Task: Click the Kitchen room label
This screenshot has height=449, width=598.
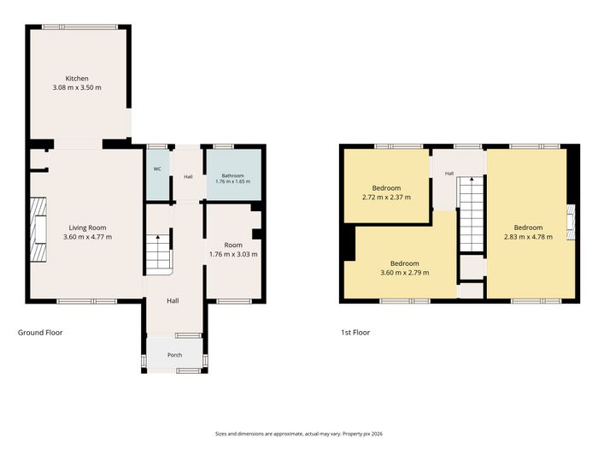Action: tap(77, 79)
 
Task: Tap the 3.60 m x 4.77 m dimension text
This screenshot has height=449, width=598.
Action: tap(88, 237)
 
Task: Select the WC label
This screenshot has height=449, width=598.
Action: tap(157, 168)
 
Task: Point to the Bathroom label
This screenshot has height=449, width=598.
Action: tap(232, 175)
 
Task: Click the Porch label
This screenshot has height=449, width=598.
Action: tap(174, 355)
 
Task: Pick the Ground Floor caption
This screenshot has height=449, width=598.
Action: tap(40, 333)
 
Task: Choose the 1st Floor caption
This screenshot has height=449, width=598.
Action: tap(355, 333)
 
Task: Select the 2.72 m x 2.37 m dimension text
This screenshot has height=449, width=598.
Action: tap(386, 198)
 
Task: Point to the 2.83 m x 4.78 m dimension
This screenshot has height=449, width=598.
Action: tap(528, 237)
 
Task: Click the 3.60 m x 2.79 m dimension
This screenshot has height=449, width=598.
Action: tap(405, 273)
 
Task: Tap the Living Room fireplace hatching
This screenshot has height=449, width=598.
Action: tap(38, 229)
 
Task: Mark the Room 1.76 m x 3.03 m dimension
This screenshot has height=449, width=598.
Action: tap(233, 254)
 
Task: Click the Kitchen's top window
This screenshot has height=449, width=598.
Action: tap(79, 27)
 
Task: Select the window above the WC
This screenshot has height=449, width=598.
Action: tap(157, 146)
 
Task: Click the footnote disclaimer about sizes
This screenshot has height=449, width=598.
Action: tap(299, 434)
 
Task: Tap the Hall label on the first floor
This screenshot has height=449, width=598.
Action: tap(449, 174)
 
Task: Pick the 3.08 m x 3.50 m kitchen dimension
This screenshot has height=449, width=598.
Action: tap(77, 87)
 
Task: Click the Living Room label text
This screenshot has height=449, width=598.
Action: tap(88, 228)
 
